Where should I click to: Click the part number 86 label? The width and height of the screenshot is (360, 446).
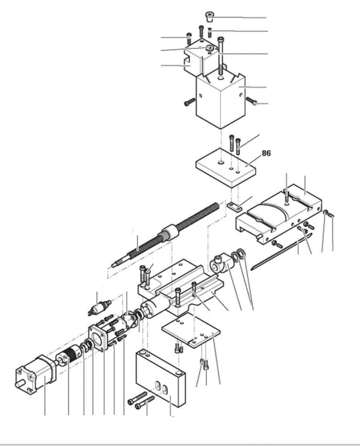(266, 153)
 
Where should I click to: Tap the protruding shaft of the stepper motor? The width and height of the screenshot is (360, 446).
(19, 383)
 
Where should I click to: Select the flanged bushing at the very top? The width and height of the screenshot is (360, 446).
(210, 17)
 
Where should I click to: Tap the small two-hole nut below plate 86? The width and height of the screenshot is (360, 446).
(234, 206)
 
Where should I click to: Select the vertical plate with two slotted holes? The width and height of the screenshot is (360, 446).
(160, 379)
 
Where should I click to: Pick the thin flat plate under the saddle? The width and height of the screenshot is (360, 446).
(192, 330)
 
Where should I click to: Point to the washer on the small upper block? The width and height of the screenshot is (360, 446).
(208, 47)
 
